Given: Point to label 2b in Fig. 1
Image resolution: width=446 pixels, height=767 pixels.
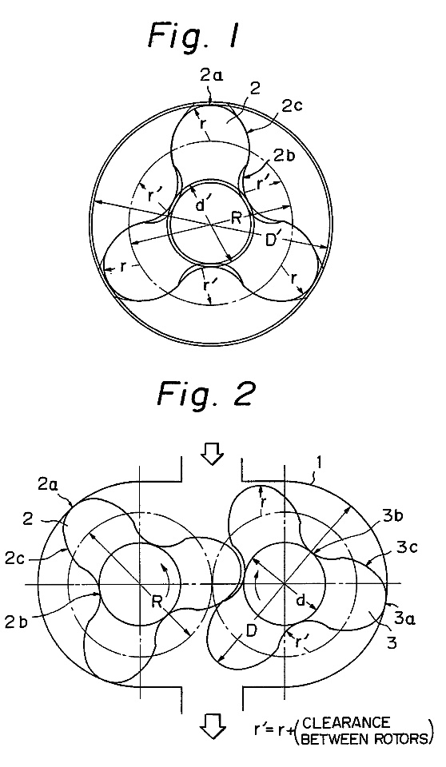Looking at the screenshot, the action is (285, 156).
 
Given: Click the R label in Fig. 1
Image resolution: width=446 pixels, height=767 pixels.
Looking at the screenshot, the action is (237, 218).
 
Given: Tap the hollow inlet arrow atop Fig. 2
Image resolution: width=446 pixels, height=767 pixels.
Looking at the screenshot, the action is (213, 457).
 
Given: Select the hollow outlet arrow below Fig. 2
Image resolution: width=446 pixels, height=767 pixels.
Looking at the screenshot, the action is (213, 726).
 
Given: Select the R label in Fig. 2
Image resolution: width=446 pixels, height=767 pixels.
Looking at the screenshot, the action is (157, 600).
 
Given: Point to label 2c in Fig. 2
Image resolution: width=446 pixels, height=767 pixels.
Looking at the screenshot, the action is (17, 558).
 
